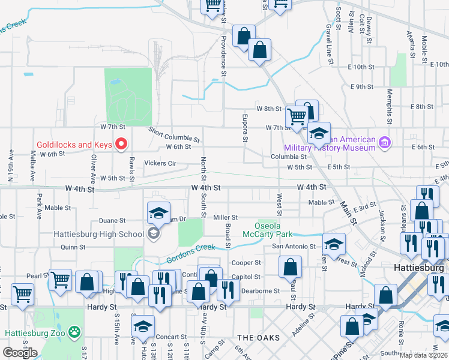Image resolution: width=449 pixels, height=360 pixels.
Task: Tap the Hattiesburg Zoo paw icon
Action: pos(73,331)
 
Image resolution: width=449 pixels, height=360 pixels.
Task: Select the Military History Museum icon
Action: pos(384,142)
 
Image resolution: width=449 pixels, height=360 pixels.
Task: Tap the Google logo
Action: pos(20,352)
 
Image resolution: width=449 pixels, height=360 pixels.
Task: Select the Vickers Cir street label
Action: pos(160,163)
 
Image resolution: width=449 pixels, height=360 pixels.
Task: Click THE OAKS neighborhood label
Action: pos(258,338)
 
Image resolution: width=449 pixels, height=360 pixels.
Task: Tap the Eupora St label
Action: pos(245,128)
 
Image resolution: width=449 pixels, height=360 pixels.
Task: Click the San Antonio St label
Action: pos(294,247)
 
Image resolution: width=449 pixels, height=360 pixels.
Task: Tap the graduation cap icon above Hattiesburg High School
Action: pos(158,212)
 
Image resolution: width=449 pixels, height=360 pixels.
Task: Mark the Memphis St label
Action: pos(390,104)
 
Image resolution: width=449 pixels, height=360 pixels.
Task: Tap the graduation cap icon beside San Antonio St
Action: pos(334,244)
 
